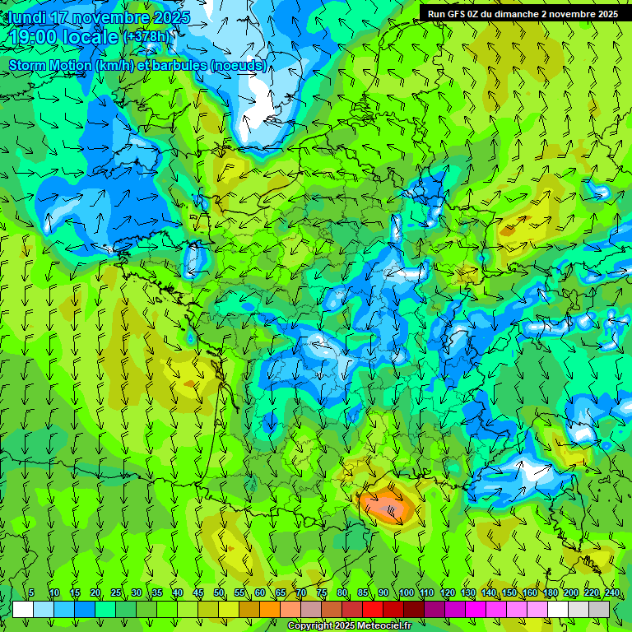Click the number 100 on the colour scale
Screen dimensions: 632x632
pyautogui.click(x=406, y=593)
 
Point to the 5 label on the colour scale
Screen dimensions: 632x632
pyautogui.click(x=31, y=593)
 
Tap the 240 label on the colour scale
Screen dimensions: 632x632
pyautogui.click(x=611, y=593)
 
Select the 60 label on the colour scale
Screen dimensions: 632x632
pyautogui.click(x=260, y=593)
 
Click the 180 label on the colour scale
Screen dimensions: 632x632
pyautogui.click(x=550, y=593)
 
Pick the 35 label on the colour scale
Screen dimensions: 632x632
pyautogui.click(x=157, y=593)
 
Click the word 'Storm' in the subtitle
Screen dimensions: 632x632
pyautogui.click(x=27, y=65)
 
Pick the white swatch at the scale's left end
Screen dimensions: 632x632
pyautogui.click(x=23, y=609)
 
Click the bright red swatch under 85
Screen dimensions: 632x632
pyautogui.click(x=373, y=609)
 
